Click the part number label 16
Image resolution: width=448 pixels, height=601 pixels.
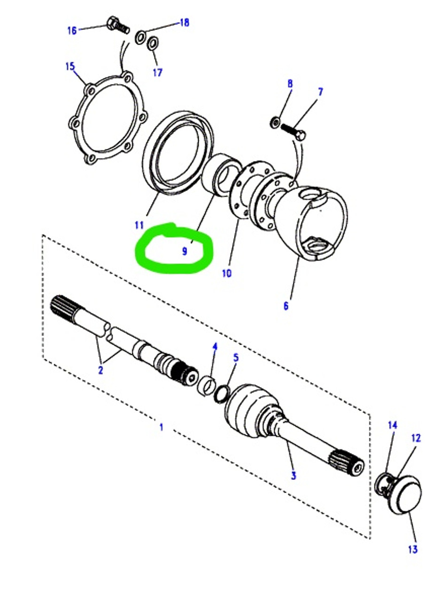click(71, 31)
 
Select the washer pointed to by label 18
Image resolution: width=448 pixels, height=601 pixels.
click(140, 37)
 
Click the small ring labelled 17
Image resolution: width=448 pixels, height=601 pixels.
click(152, 44)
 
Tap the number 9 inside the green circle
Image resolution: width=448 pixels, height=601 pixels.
click(185, 251)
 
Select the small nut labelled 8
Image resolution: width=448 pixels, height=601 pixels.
click(275, 123)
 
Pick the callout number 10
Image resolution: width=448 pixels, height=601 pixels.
click(226, 273)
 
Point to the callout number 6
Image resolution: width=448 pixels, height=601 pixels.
click(286, 306)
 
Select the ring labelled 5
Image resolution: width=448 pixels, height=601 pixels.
click(222, 393)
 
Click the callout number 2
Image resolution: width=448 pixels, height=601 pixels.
click(100, 370)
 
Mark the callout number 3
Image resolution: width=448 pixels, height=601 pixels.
click(293, 476)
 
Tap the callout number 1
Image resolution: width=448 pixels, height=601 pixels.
click(161, 427)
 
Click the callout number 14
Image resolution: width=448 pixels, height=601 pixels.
click(392, 425)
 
